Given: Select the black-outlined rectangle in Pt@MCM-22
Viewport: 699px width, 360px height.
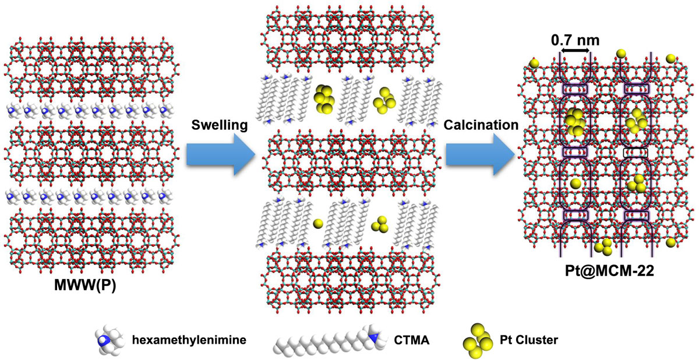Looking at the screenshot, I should click(635, 152).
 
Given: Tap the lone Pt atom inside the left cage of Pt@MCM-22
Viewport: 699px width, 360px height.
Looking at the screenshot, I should click(576, 183).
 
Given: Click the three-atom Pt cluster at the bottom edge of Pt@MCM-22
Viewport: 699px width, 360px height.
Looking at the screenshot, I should click(603, 246).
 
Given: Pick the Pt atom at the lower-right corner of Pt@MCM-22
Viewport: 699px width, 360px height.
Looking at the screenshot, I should click(671, 241).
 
